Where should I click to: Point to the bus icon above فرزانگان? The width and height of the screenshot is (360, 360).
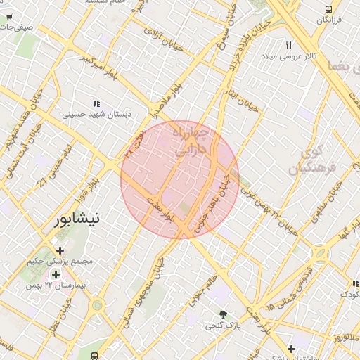coord(328,9)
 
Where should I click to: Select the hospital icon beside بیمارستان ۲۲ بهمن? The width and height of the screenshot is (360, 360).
coord(55,274)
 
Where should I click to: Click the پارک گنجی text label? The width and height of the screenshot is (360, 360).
coord(222,326)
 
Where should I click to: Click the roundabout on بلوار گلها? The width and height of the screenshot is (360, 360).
coord(322,254)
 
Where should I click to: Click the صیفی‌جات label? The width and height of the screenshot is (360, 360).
coord(15,27)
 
